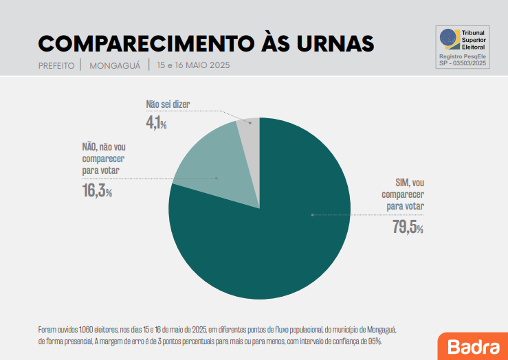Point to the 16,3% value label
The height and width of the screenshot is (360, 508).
tap(97, 191)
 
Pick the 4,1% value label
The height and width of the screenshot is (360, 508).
tap(156, 124)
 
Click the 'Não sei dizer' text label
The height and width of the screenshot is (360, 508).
tap(167, 105)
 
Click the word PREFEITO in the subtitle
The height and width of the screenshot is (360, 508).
tap(56, 66)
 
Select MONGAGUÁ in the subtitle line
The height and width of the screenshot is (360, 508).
tap(115, 66)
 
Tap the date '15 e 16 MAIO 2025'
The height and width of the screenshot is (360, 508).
tap(192, 66)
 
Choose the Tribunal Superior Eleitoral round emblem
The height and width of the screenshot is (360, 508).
tap(448, 37)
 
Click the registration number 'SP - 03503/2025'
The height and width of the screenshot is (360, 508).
tap(462, 63)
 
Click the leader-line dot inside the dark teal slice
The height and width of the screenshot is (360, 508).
tap(312, 215)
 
